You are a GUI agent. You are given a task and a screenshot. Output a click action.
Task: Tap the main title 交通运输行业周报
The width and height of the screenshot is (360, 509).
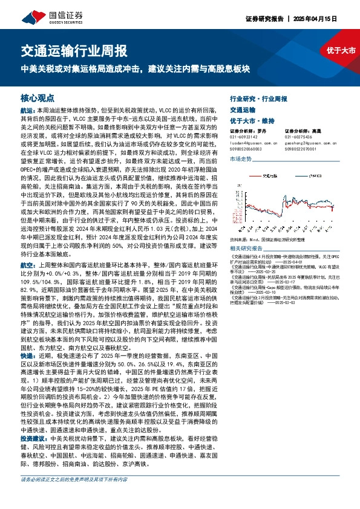(74, 50)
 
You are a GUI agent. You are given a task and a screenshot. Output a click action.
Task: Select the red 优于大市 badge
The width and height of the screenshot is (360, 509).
(341, 51)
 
